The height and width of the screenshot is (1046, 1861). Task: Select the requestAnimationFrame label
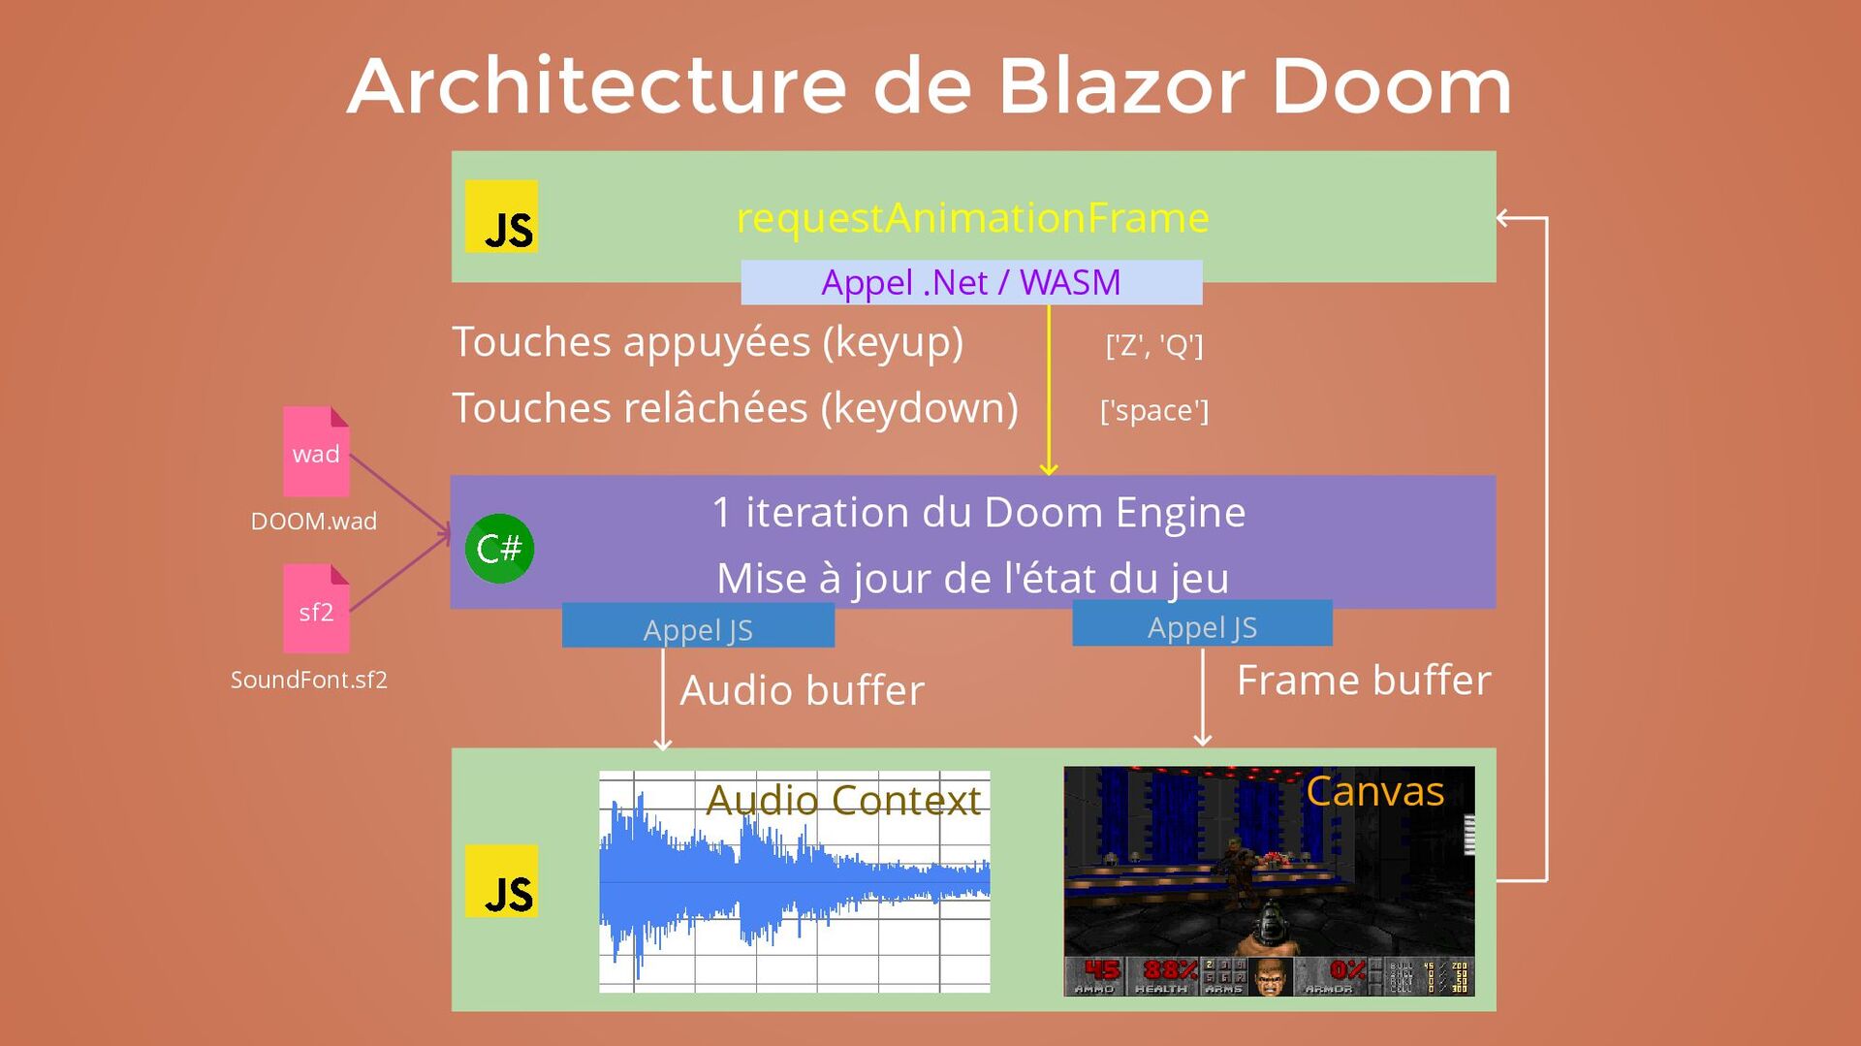click(x=972, y=217)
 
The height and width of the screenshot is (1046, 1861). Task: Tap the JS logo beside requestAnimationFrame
click(x=501, y=217)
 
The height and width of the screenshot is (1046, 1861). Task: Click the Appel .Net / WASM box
click(x=971, y=282)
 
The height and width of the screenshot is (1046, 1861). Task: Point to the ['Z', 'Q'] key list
click(x=1153, y=344)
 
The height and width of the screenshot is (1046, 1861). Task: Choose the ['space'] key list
click(x=1153, y=410)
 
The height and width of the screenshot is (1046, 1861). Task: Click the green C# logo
click(x=499, y=549)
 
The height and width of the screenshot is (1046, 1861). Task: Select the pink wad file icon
click(x=316, y=452)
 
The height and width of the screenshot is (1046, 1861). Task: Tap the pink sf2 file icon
click(x=316, y=609)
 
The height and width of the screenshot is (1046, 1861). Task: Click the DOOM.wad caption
click(x=313, y=521)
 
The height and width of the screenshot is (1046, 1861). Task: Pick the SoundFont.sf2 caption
click(x=308, y=680)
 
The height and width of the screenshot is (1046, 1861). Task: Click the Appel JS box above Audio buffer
click(x=698, y=626)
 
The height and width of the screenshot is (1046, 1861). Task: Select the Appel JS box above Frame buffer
click(x=1202, y=624)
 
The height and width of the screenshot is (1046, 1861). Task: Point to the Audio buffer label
click(x=802, y=690)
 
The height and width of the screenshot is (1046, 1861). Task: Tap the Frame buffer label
click(x=1364, y=680)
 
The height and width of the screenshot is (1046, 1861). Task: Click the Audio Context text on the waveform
click(x=843, y=800)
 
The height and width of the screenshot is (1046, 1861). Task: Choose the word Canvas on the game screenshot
click(x=1374, y=791)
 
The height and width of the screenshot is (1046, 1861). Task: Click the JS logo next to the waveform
click(x=501, y=881)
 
